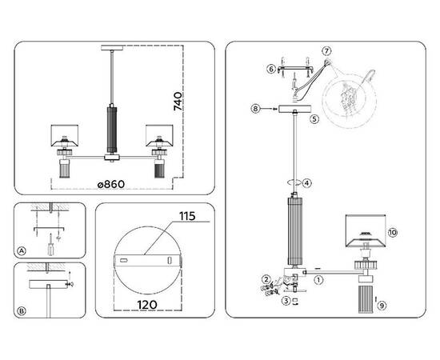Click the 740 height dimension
click(178, 101)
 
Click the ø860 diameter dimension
click(111, 184)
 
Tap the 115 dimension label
click(187, 216)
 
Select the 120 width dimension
click(147, 305)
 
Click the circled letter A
click(22, 251)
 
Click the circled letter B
click(22, 311)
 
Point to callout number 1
click(318, 280)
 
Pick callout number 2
click(266, 279)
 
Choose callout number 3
click(286, 301)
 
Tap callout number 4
click(307, 183)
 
